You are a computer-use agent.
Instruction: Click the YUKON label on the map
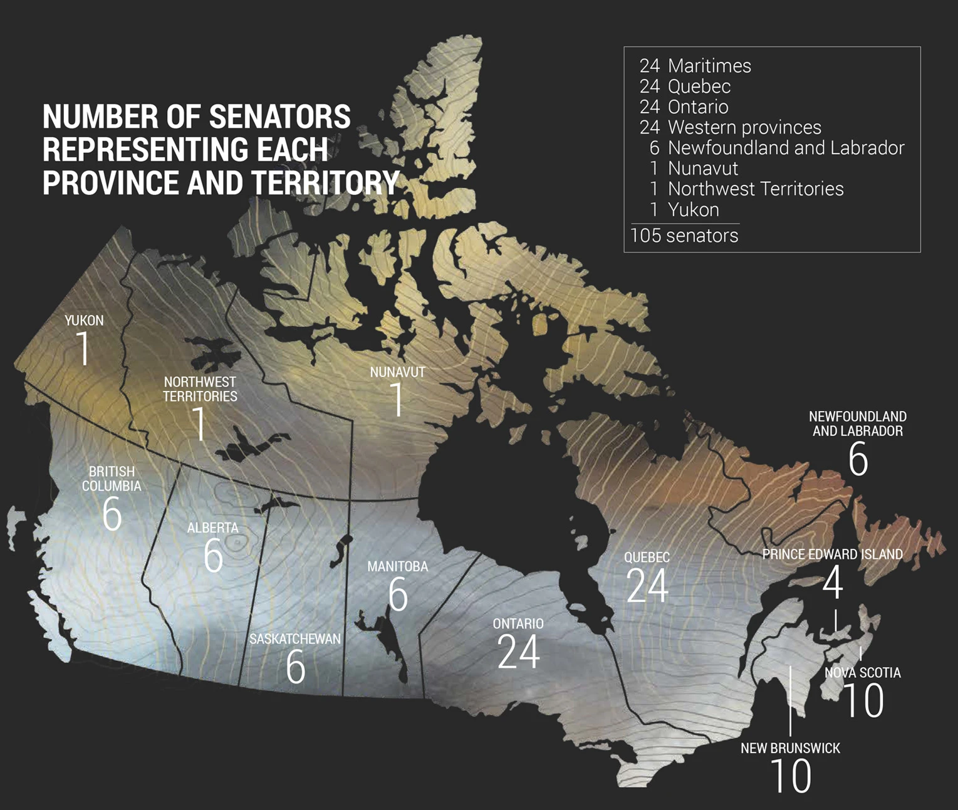pyautogui.click(x=84, y=321)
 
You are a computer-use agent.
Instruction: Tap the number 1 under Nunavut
pyautogui.click(x=397, y=399)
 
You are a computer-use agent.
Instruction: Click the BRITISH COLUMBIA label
pyautogui.click(x=112, y=479)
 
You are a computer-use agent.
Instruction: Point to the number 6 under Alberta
pyautogui.click(x=213, y=555)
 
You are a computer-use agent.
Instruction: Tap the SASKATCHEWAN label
pyautogui.click(x=294, y=639)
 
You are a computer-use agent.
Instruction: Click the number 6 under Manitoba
pyautogui.click(x=398, y=595)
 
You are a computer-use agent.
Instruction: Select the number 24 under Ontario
pyautogui.click(x=518, y=652)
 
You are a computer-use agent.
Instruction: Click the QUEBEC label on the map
pyautogui.click(x=647, y=557)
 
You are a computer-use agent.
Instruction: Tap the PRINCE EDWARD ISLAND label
pyautogui.click(x=832, y=554)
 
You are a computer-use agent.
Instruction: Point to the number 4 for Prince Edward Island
pyautogui.click(x=832, y=583)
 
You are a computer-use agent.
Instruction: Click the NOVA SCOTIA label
pyautogui.click(x=862, y=673)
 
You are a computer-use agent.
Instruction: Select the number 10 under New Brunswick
pyautogui.click(x=790, y=776)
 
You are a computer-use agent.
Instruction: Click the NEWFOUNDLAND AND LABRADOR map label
pyautogui.click(x=857, y=423)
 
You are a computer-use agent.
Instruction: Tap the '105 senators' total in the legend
pyautogui.click(x=684, y=236)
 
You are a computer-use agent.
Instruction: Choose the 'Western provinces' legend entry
pyautogui.click(x=744, y=127)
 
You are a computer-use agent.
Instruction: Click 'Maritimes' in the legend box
pyautogui.click(x=709, y=66)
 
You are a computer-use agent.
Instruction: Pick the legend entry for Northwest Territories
pyautogui.click(x=755, y=189)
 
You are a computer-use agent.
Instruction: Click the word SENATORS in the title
pyautogui.click(x=279, y=117)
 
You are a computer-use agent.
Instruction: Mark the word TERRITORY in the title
pyautogui.click(x=325, y=182)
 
